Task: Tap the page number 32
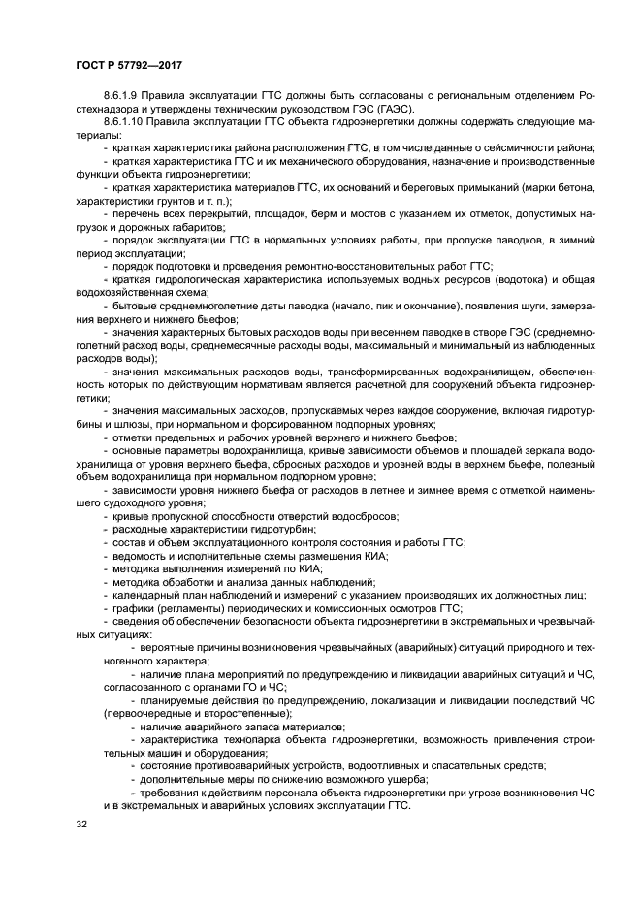[80, 825]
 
